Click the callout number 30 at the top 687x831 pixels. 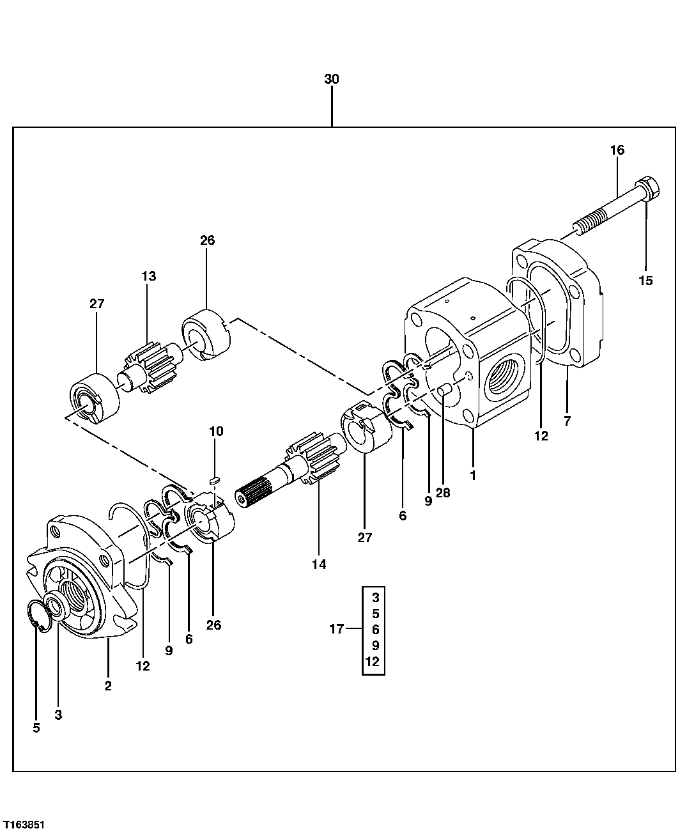point(331,79)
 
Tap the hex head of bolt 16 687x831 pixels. point(649,189)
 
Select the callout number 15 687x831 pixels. point(645,280)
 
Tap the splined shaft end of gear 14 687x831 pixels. point(253,495)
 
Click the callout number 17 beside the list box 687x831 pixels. point(337,630)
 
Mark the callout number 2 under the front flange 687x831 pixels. point(108,686)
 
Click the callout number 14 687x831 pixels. point(319,564)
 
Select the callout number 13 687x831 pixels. point(148,276)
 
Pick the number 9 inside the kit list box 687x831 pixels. point(374,646)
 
